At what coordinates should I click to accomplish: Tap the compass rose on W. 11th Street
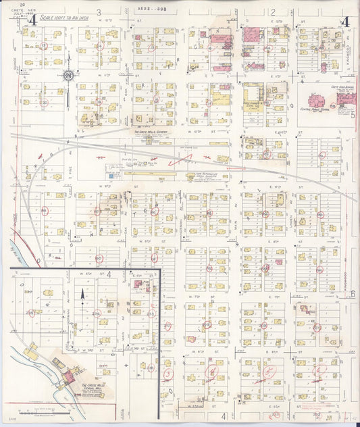click(68, 75)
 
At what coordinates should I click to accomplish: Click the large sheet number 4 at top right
click(345, 20)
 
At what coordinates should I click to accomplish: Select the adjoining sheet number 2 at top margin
click(274, 12)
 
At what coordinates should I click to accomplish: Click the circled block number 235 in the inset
click(29, 313)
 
